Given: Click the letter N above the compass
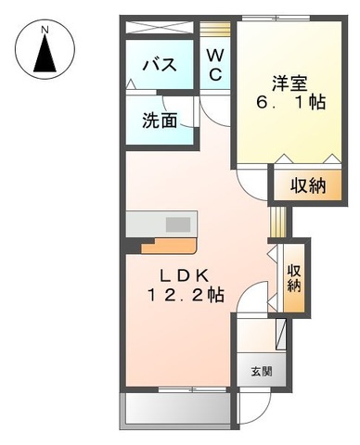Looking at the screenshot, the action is click(45, 30).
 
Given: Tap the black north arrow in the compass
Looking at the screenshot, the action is click(45, 53).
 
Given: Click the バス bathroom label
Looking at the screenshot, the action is click(160, 65).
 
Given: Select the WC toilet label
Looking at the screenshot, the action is click(215, 65).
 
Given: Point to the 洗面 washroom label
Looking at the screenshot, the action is click(160, 121).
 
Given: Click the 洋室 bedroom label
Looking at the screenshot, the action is click(289, 83).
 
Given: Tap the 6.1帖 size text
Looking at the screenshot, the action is click(290, 102).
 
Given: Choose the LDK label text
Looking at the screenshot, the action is click(184, 275).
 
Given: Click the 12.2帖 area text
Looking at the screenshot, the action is click(186, 295).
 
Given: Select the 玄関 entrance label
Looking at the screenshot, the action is click(262, 371).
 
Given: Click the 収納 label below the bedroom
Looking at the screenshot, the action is click(308, 185).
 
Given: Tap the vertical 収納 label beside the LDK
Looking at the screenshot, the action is click(294, 278).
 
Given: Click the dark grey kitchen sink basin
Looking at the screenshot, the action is click(178, 224).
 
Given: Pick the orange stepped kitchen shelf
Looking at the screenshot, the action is click(170, 246).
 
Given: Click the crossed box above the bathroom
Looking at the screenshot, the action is click(160, 28).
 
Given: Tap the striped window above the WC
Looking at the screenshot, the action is click(215, 29).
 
